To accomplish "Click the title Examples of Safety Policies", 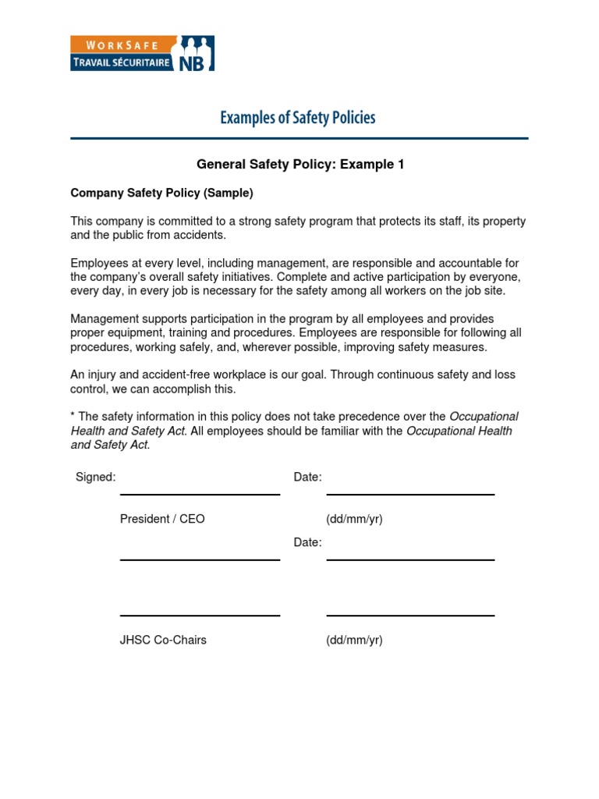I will (x=297, y=118).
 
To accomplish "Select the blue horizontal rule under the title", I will (x=299, y=139).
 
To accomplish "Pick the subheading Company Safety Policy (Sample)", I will (x=162, y=192).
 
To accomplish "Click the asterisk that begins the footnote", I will (x=73, y=416).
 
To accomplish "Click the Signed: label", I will (x=95, y=477).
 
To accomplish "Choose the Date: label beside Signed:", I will (x=307, y=477).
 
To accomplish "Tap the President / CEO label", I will (x=162, y=519).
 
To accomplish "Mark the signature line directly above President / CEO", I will (x=200, y=495).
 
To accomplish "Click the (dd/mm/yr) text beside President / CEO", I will (x=354, y=519).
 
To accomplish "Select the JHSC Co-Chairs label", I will (x=163, y=641).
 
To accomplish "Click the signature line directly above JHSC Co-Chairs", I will (x=200, y=616).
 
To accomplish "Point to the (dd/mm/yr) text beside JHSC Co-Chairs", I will (x=354, y=641).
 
